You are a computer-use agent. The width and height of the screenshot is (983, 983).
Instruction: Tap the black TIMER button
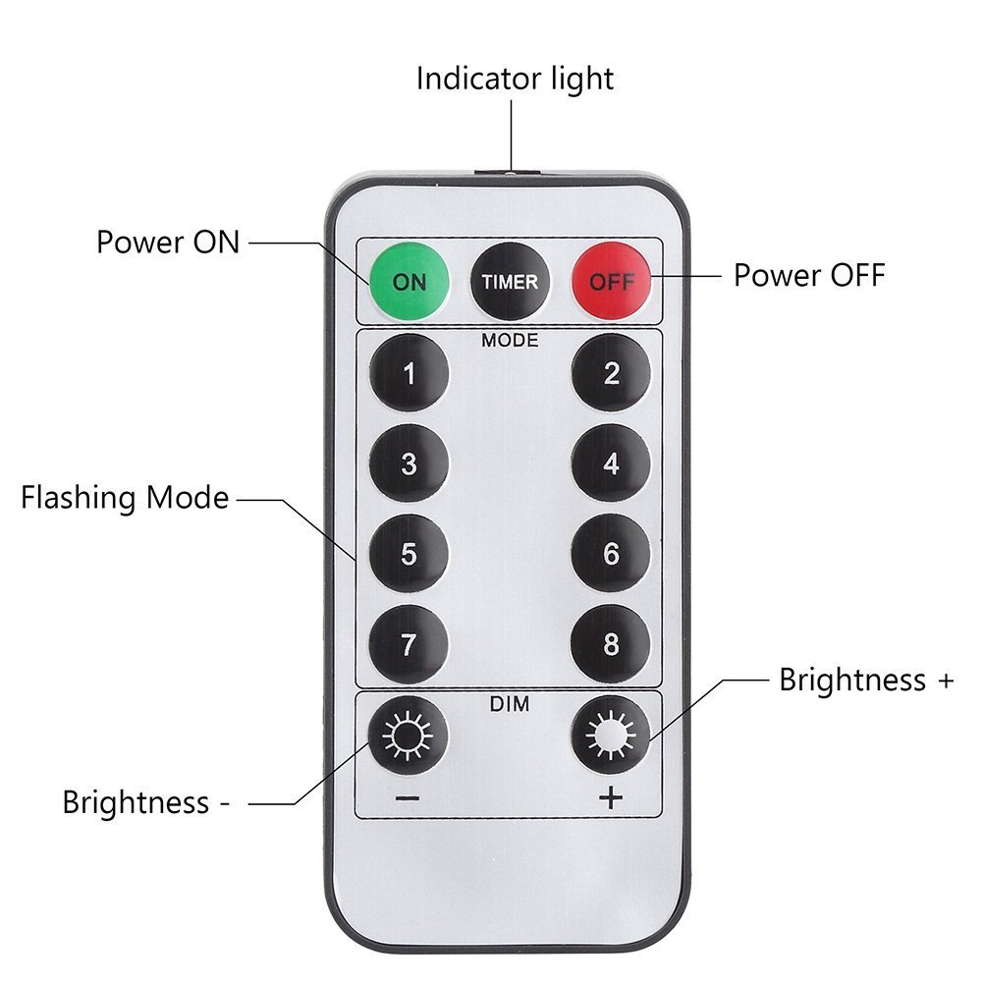point(510,281)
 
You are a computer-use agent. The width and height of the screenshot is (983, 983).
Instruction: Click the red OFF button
point(611,281)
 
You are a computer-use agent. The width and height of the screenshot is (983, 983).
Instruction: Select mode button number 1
point(409,373)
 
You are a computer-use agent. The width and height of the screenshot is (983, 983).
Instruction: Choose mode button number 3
point(409,464)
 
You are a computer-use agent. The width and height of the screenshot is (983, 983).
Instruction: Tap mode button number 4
point(611,464)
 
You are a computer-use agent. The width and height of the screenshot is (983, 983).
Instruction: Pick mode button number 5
point(409,555)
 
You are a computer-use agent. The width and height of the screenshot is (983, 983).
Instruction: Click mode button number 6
point(611,555)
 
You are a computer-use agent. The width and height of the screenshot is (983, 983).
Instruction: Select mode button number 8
point(611,645)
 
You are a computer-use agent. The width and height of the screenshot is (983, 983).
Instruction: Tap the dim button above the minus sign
point(409,734)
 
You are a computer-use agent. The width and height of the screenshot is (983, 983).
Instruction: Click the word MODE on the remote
point(510,341)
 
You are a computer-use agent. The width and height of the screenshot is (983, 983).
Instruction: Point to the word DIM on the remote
point(510,704)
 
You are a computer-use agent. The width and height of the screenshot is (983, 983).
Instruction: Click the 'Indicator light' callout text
point(515,79)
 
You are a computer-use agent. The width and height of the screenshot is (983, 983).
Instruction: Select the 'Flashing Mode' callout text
point(125,498)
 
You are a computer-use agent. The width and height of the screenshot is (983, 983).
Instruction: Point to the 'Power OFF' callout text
point(809,275)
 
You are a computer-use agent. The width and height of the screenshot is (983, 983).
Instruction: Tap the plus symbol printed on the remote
point(611,797)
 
